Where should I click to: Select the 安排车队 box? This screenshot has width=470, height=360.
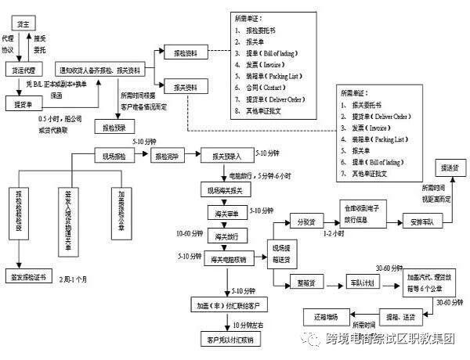pyautogui.click(x=425, y=221)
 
